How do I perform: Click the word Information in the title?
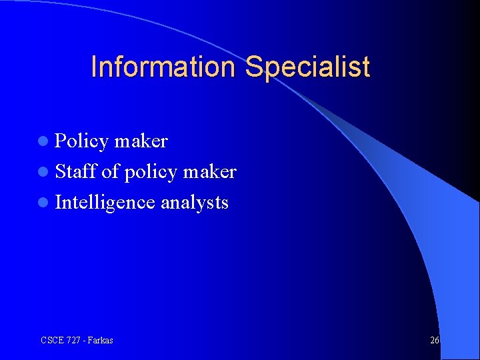(x=165, y=67)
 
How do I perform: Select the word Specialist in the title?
(x=307, y=67)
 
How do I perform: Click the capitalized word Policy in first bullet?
(x=81, y=141)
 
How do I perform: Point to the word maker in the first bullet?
(x=141, y=141)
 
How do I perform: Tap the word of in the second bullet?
(x=110, y=172)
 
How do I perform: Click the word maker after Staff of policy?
(x=209, y=172)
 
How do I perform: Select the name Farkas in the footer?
(x=100, y=340)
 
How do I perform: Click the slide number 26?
(x=435, y=340)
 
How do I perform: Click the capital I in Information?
(x=93, y=67)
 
